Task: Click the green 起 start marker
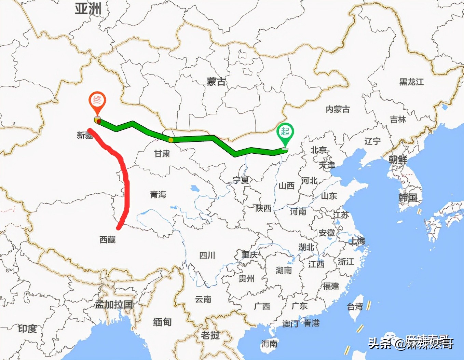[x=285, y=132]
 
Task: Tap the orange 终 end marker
[x=97, y=101]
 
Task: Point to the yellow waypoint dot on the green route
[x=170, y=140]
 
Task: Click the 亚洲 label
[x=88, y=9]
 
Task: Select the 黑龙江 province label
[x=411, y=82]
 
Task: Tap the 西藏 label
[x=108, y=240]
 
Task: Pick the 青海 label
[x=158, y=195]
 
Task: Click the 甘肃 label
[x=162, y=154]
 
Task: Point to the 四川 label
[x=207, y=255]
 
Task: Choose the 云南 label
[x=203, y=300]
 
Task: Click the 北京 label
[x=318, y=150]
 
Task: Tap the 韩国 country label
[x=408, y=197]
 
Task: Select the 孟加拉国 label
[x=114, y=305]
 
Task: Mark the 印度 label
[x=27, y=329]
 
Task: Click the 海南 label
[x=269, y=343]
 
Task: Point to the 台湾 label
[x=355, y=307]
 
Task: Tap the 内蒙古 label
[x=338, y=109]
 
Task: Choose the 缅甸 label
[x=162, y=322]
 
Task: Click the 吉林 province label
[x=398, y=120]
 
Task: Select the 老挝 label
[x=210, y=335]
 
